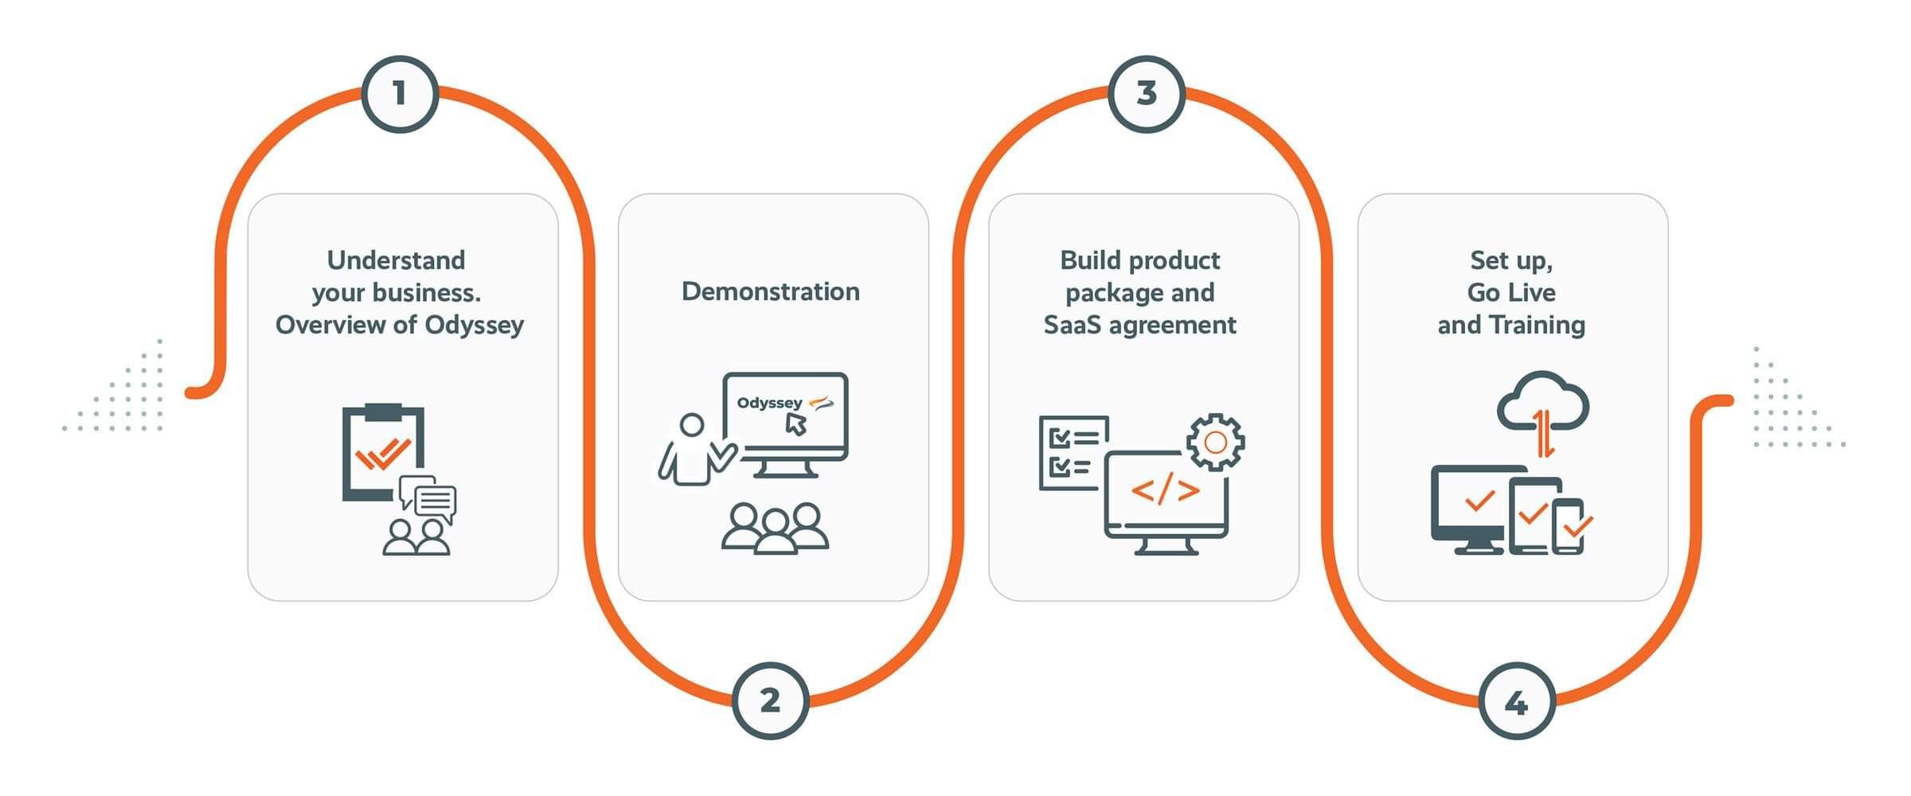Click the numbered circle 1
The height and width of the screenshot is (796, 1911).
[x=400, y=94]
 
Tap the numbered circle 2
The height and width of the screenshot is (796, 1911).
[x=770, y=700]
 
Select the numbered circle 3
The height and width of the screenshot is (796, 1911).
[x=1147, y=94]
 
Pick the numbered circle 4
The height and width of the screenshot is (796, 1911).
[x=1517, y=702]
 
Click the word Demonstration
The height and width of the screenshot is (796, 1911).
[x=771, y=291]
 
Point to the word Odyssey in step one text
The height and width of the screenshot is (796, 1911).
[x=475, y=325]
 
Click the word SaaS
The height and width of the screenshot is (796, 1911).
[x=1073, y=325]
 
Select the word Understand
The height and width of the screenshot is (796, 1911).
[x=397, y=260]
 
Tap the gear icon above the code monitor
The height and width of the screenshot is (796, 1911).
[x=1215, y=442]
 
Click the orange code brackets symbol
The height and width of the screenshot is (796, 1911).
[x=1165, y=490]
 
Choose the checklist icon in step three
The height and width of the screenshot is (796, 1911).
[x=1073, y=452]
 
